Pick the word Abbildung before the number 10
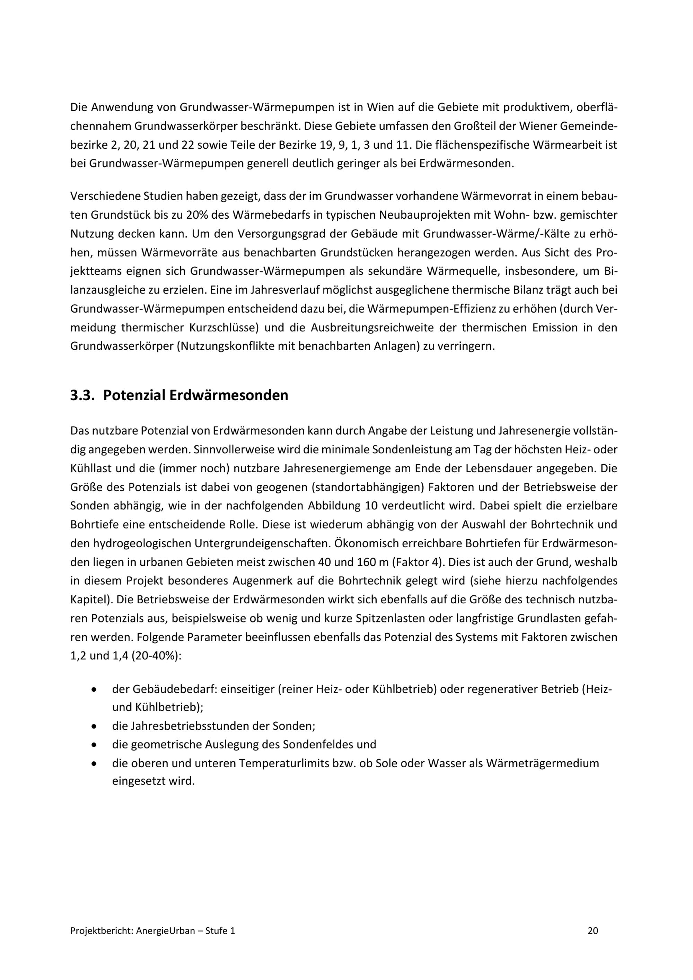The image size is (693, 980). point(334,506)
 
